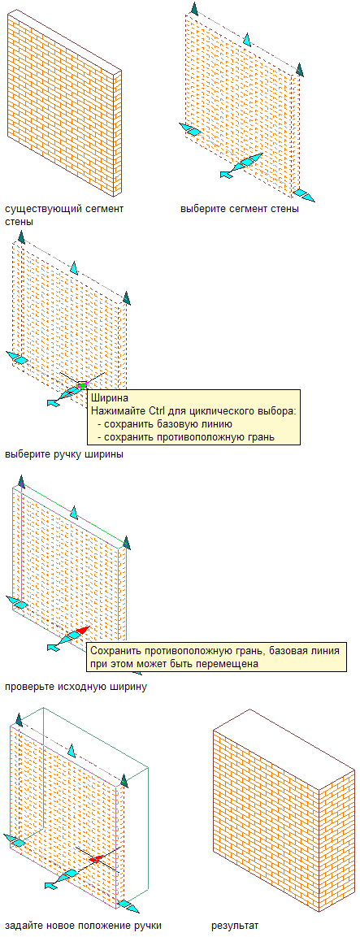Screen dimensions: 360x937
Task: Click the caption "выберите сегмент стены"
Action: click(x=240, y=210)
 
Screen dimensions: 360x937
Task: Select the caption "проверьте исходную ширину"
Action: click(x=76, y=686)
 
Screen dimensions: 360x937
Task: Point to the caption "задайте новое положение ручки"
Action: click(x=83, y=925)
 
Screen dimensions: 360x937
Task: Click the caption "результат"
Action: click(x=235, y=925)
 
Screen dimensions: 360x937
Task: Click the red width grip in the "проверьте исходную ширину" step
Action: click(x=82, y=631)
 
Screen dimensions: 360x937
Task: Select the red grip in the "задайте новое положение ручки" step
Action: click(x=94, y=859)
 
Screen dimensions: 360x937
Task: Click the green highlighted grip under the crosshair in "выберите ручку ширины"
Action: click(x=83, y=384)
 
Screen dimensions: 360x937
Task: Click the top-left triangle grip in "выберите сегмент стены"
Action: click(x=193, y=8)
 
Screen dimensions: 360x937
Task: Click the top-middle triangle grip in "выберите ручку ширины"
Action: click(x=74, y=267)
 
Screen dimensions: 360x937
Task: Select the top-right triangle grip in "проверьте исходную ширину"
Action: click(x=126, y=542)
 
